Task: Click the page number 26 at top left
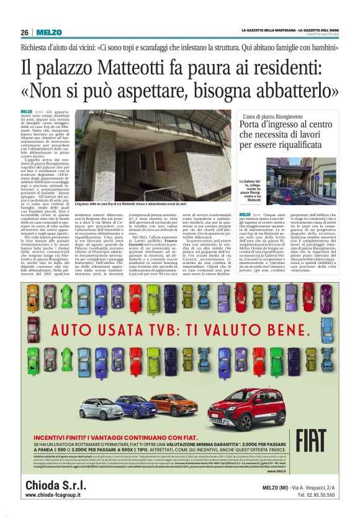tap(25, 32)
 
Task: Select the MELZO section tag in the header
tap(48, 32)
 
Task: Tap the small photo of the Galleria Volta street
tap(300, 181)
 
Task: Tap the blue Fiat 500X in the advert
tap(135, 407)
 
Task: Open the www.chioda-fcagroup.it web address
tap(60, 495)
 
